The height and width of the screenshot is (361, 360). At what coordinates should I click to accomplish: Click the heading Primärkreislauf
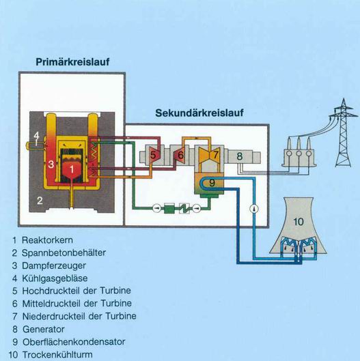click(72, 62)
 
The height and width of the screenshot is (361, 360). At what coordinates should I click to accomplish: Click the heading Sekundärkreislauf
click(199, 113)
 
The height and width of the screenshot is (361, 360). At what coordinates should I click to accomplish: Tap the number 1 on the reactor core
click(72, 169)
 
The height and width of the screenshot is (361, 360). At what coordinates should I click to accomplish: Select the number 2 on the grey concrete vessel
click(40, 201)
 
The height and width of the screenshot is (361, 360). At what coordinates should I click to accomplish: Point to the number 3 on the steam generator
click(51, 164)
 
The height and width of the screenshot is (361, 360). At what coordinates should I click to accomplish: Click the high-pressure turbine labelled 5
click(152, 155)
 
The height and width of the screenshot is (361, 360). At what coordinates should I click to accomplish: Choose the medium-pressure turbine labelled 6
click(180, 155)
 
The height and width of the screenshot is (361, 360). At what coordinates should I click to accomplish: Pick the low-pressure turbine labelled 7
click(210, 155)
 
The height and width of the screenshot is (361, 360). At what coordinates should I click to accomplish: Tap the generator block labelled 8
click(240, 156)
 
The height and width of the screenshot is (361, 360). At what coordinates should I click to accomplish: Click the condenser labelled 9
click(209, 184)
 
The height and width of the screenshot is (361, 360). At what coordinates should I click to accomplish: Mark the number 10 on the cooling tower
click(299, 222)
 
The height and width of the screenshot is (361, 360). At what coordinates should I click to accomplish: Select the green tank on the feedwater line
click(169, 208)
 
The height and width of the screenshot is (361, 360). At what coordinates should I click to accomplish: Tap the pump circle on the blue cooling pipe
click(254, 209)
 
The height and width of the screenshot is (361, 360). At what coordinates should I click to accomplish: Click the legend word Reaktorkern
click(48, 240)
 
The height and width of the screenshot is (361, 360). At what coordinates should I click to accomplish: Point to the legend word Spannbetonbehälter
click(64, 252)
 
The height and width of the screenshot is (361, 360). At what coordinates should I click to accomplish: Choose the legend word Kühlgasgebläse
click(55, 278)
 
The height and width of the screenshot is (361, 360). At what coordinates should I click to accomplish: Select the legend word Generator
click(44, 329)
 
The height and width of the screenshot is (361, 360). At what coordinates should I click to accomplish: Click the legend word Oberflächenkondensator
click(74, 342)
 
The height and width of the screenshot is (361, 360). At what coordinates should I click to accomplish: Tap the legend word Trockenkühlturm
click(57, 355)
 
